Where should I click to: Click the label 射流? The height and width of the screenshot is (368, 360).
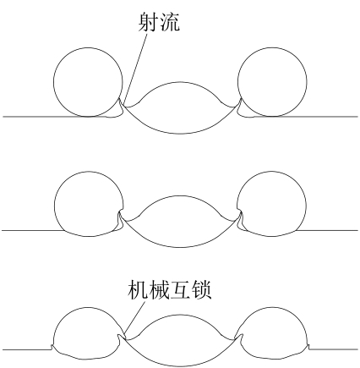pyautogui.click(x=159, y=21)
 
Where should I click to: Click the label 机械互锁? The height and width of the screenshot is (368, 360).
pyautogui.click(x=170, y=289)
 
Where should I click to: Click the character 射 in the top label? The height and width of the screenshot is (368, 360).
pyautogui.click(x=148, y=21)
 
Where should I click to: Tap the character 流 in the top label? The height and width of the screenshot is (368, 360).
pyautogui.click(x=169, y=21)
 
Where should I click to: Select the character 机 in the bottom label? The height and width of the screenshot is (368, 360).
pyautogui.click(x=138, y=289)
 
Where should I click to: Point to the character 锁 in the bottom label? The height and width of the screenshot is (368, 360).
pyautogui.click(x=201, y=289)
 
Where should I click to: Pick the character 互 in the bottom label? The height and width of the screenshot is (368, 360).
pyautogui.click(x=180, y=289)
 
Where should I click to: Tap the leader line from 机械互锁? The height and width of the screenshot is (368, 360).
pyautogui.click(x=134, y=320)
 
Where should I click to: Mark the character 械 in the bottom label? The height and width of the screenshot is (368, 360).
pyautogui.click(x=159, y=289)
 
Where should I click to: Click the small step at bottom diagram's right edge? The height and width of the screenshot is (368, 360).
pyautogui.click(x=309, y=348)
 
